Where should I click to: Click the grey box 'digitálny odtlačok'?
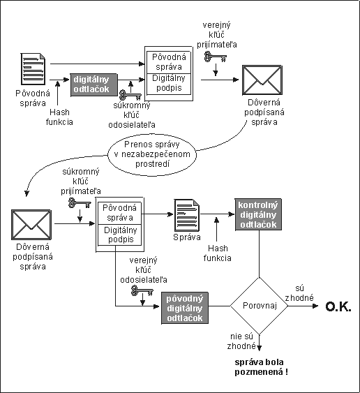coord(94,84)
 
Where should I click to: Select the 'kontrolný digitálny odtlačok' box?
coord(258,214)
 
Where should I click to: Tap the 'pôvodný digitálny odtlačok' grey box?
coord(185,308)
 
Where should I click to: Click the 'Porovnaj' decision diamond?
coord(259,306)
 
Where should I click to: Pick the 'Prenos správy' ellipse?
coord(152,155)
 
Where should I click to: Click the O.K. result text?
coord(338,306)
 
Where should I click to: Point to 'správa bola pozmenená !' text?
coord(262,367)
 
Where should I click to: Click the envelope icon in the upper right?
coord(262,80)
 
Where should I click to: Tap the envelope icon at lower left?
coord(31,225)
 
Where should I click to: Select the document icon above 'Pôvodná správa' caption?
coord(33,69)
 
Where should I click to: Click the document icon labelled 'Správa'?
coord(187,216)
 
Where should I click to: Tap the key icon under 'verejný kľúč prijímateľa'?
coord(215,57)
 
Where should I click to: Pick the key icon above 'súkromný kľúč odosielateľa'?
coord(130,95)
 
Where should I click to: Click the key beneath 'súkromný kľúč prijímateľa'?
coord(80,203)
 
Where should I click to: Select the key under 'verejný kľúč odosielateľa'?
coord(142,291)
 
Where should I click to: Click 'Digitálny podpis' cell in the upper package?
coord(169,84)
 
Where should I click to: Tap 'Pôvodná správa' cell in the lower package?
coord(120,214)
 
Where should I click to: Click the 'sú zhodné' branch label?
coord(299,293)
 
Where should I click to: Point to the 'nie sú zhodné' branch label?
coord(241,341)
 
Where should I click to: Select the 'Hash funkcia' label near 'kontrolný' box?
coord(217,253)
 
